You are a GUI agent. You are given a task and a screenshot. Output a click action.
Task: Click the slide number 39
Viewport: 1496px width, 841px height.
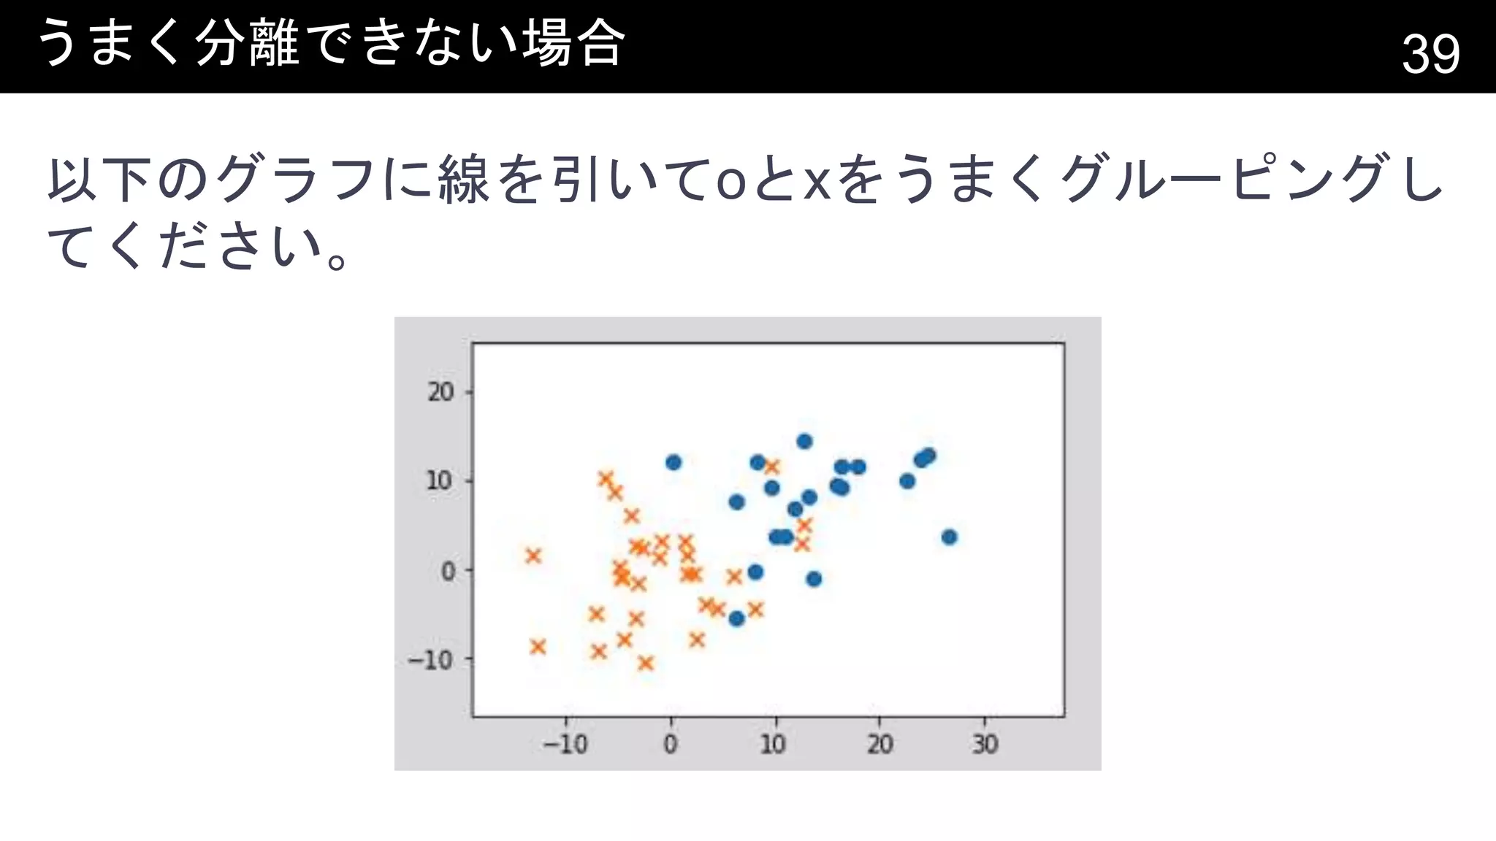point(1430,53)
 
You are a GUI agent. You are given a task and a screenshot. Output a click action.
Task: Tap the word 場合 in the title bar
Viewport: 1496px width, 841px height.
point(573,44)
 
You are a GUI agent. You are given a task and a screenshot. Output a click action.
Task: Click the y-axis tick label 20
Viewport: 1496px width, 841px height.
point(440,392)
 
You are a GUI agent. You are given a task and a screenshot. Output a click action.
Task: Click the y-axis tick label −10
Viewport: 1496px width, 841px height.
point(431,660)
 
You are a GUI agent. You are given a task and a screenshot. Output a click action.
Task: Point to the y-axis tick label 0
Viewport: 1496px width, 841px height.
point(448,571)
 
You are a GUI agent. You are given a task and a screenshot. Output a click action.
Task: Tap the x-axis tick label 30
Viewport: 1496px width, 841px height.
point(984,745)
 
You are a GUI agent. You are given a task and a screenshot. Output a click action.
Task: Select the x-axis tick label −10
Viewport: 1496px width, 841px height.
point(565,745)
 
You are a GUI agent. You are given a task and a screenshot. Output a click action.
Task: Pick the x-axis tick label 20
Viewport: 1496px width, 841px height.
point(879,745)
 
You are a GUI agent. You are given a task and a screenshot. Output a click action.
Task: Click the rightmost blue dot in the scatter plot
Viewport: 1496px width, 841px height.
point(949,537)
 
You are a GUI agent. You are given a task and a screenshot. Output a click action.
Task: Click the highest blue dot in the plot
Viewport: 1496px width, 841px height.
point(804,441)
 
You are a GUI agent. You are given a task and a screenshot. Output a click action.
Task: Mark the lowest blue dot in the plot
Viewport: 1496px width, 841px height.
point(736,618)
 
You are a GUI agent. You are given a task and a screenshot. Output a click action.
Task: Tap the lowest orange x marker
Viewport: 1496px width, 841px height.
point(646,663)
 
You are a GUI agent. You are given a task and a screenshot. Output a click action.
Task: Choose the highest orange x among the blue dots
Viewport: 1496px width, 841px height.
point(772,466)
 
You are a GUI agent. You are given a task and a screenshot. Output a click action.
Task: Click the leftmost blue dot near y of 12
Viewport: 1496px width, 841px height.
point(673,462)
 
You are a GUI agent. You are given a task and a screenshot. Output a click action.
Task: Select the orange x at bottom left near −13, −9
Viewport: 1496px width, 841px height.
point(538,646)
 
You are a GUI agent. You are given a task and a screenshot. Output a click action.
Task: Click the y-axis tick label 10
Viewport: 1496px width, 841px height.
point(439,481)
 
